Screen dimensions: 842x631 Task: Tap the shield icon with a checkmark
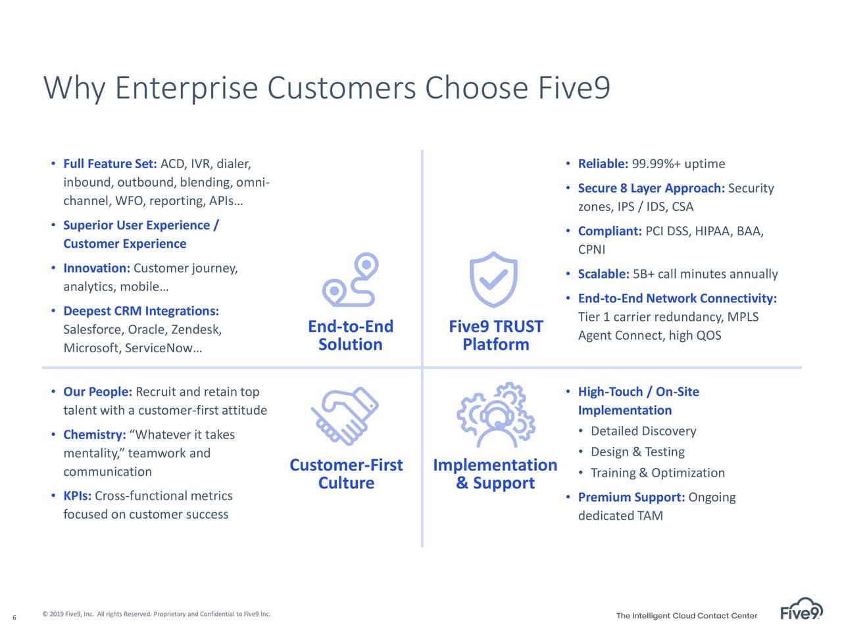(x=493, y=279)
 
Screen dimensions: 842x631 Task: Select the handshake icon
(x=345, y=416)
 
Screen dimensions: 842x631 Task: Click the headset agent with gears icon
(x=496, y=415)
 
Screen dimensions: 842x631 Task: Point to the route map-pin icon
(x=350, y=279)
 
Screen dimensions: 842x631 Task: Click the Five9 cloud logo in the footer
(x=801, y=609)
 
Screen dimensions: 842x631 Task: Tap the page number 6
(x=14, y=617)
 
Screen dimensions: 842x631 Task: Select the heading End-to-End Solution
(x=351, y=335)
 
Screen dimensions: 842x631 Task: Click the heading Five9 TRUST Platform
(x=496, y=335)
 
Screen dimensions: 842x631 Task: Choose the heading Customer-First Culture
(x=346, y=474)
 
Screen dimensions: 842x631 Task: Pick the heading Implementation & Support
(x=495, y=474)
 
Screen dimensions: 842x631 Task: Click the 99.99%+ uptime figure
(x=678, y=164)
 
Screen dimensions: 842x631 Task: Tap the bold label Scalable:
(x=604, y=274)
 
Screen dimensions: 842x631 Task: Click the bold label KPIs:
(x=78, y=496)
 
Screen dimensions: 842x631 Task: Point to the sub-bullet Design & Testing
(x=637, y=452)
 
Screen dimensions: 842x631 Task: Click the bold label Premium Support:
(x=631, y=498)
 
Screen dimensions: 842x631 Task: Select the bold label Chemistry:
(x=95, y=435)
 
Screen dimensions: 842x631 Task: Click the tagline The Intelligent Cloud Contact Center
(x=687, y=616)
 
